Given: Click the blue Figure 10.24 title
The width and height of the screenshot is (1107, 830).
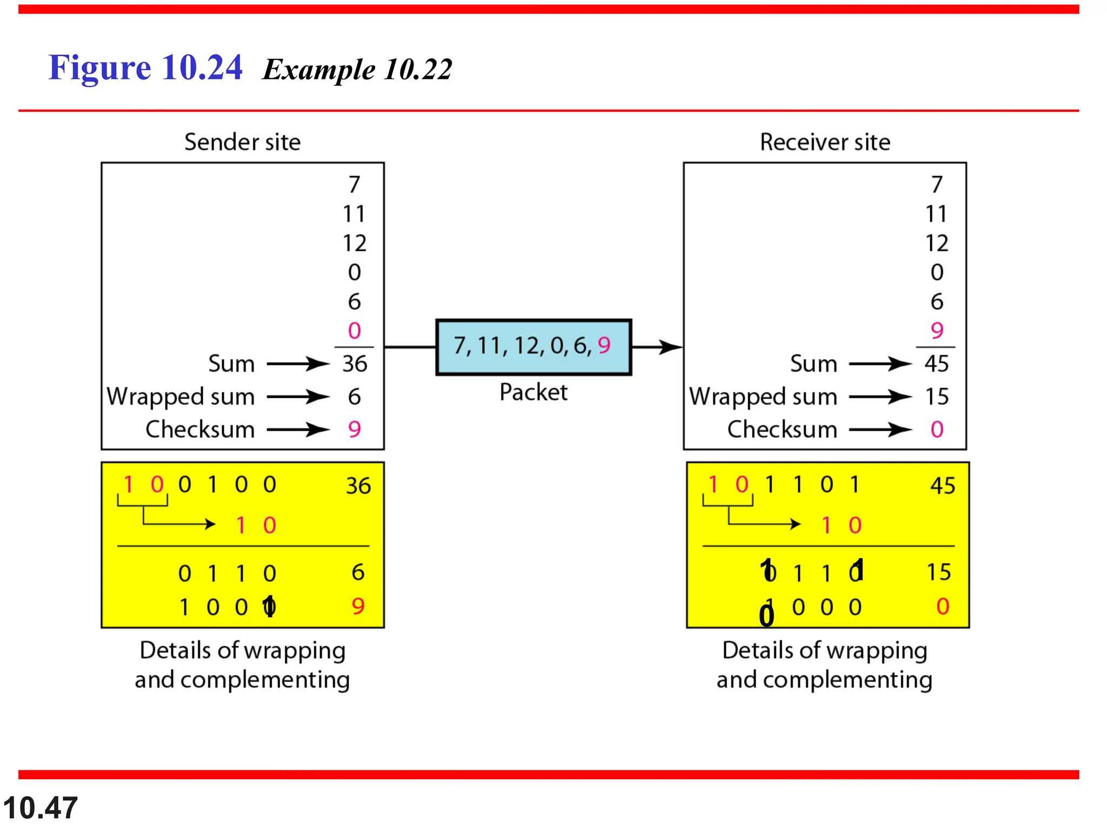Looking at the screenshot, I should pos(145,68).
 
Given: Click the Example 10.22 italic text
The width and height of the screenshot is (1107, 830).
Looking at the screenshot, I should pos(357,70).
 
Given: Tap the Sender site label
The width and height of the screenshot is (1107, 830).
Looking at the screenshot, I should pos(242,142).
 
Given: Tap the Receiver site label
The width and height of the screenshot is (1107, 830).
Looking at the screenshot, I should pos(825,142).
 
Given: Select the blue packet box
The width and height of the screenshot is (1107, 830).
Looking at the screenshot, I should pos(533,346).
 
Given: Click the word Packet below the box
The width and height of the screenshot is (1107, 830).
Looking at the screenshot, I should pos(533,392).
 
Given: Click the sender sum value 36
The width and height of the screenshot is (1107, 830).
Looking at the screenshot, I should pos(355,364).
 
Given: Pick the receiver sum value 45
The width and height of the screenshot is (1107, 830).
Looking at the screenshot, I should pos(936,364).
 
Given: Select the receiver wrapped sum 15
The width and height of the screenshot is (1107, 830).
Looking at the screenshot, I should pos(936,397).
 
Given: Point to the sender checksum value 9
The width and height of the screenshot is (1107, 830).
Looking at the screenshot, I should pos(355,430).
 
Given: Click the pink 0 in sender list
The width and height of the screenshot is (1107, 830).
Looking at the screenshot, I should pos(355,331).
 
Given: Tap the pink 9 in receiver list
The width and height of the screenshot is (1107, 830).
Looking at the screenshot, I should pos(937,330).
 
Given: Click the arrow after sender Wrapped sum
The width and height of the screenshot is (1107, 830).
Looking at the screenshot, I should pos(298,397).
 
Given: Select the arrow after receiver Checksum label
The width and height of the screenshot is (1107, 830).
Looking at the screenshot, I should pos(881,430).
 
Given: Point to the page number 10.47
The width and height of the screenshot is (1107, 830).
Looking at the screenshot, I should pos(41,808).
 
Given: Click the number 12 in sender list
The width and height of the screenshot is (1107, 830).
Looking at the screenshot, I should pos(355,243).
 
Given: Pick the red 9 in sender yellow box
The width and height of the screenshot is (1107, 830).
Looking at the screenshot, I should pos(358,606).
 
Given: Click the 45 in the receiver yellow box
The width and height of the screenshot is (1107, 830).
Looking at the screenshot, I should pos(942,485).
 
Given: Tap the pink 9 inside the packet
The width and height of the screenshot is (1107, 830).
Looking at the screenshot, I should pos(604,345).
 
